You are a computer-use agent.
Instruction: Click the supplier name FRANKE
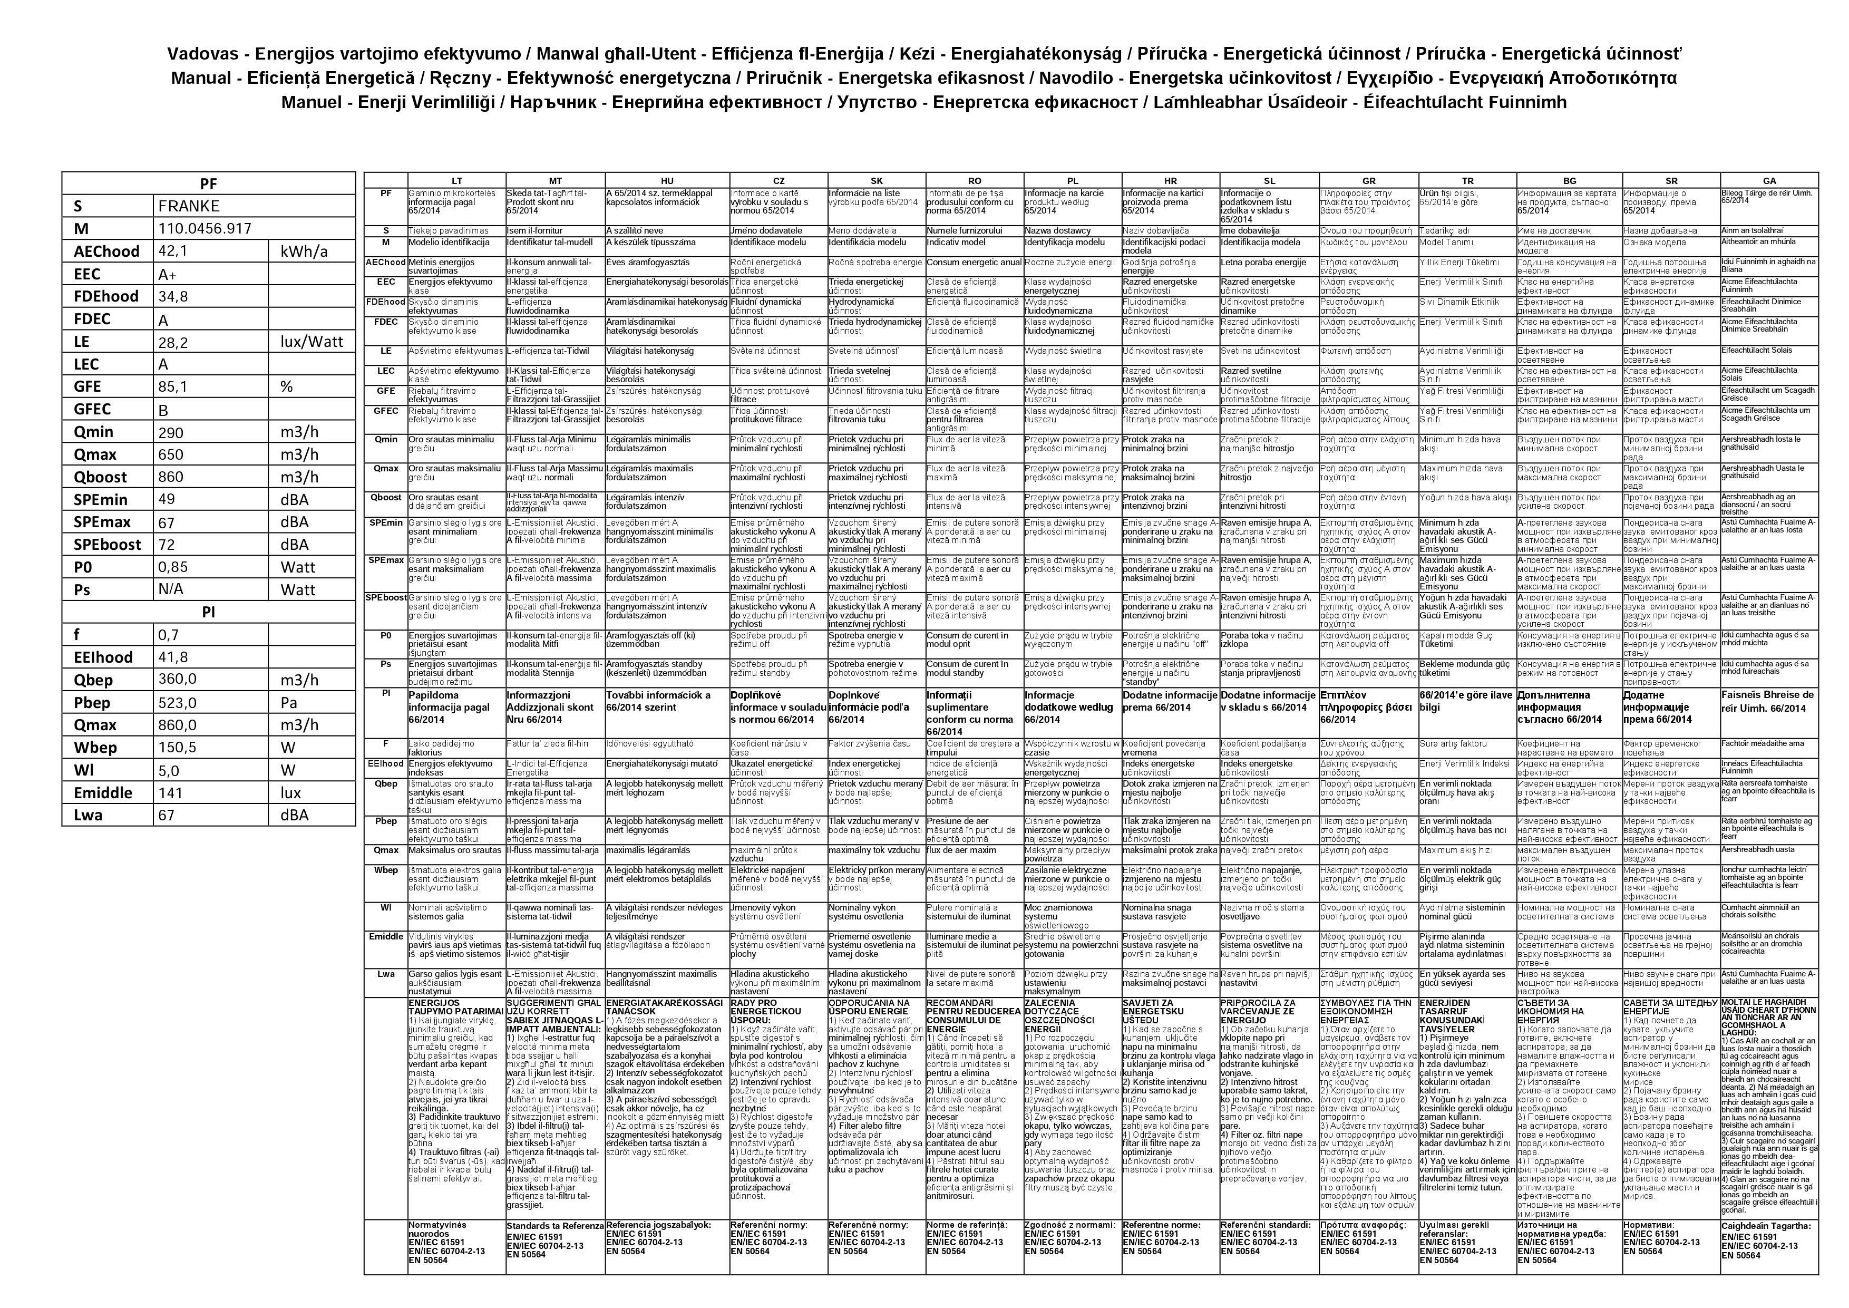189,206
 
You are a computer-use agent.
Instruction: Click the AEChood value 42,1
172,251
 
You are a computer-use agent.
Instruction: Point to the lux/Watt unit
312,342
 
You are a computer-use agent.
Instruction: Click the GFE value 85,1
172,386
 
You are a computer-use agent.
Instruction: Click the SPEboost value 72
167,545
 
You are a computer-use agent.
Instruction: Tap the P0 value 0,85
173,567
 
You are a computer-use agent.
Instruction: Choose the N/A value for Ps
171,589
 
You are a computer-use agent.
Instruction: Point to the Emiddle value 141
171,792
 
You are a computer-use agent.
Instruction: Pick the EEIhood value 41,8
172,657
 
